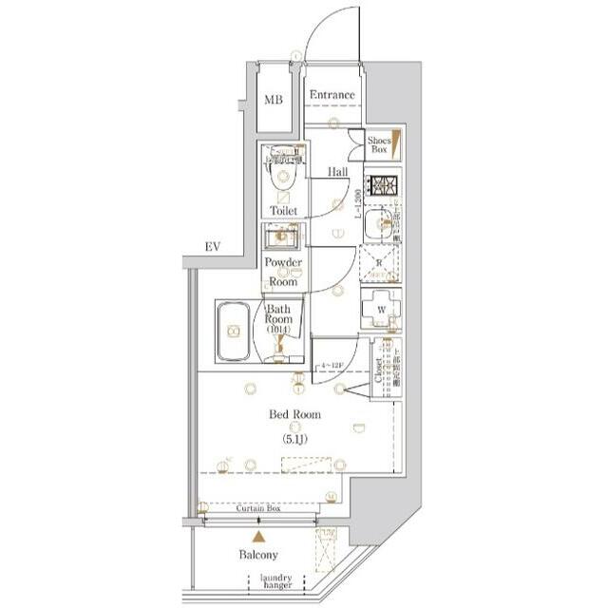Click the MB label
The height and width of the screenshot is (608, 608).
(274, 100)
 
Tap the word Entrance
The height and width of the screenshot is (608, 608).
(332, 95)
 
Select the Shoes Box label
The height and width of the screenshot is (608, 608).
(379, 144)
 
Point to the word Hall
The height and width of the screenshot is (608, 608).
(337, 173)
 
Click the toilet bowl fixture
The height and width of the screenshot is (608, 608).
(282, 176)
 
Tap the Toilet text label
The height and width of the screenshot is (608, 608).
(283, 210)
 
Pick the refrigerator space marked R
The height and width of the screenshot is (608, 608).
(379, 263)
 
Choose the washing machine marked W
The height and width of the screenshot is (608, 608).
(379, 308)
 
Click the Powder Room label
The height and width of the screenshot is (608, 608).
(283, 272)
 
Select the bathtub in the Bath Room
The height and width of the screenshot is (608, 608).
(234, 332)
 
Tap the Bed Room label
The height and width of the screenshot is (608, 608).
(294, 414)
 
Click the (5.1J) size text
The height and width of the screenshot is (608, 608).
(294, 440)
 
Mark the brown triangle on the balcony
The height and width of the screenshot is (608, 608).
(258, 537)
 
